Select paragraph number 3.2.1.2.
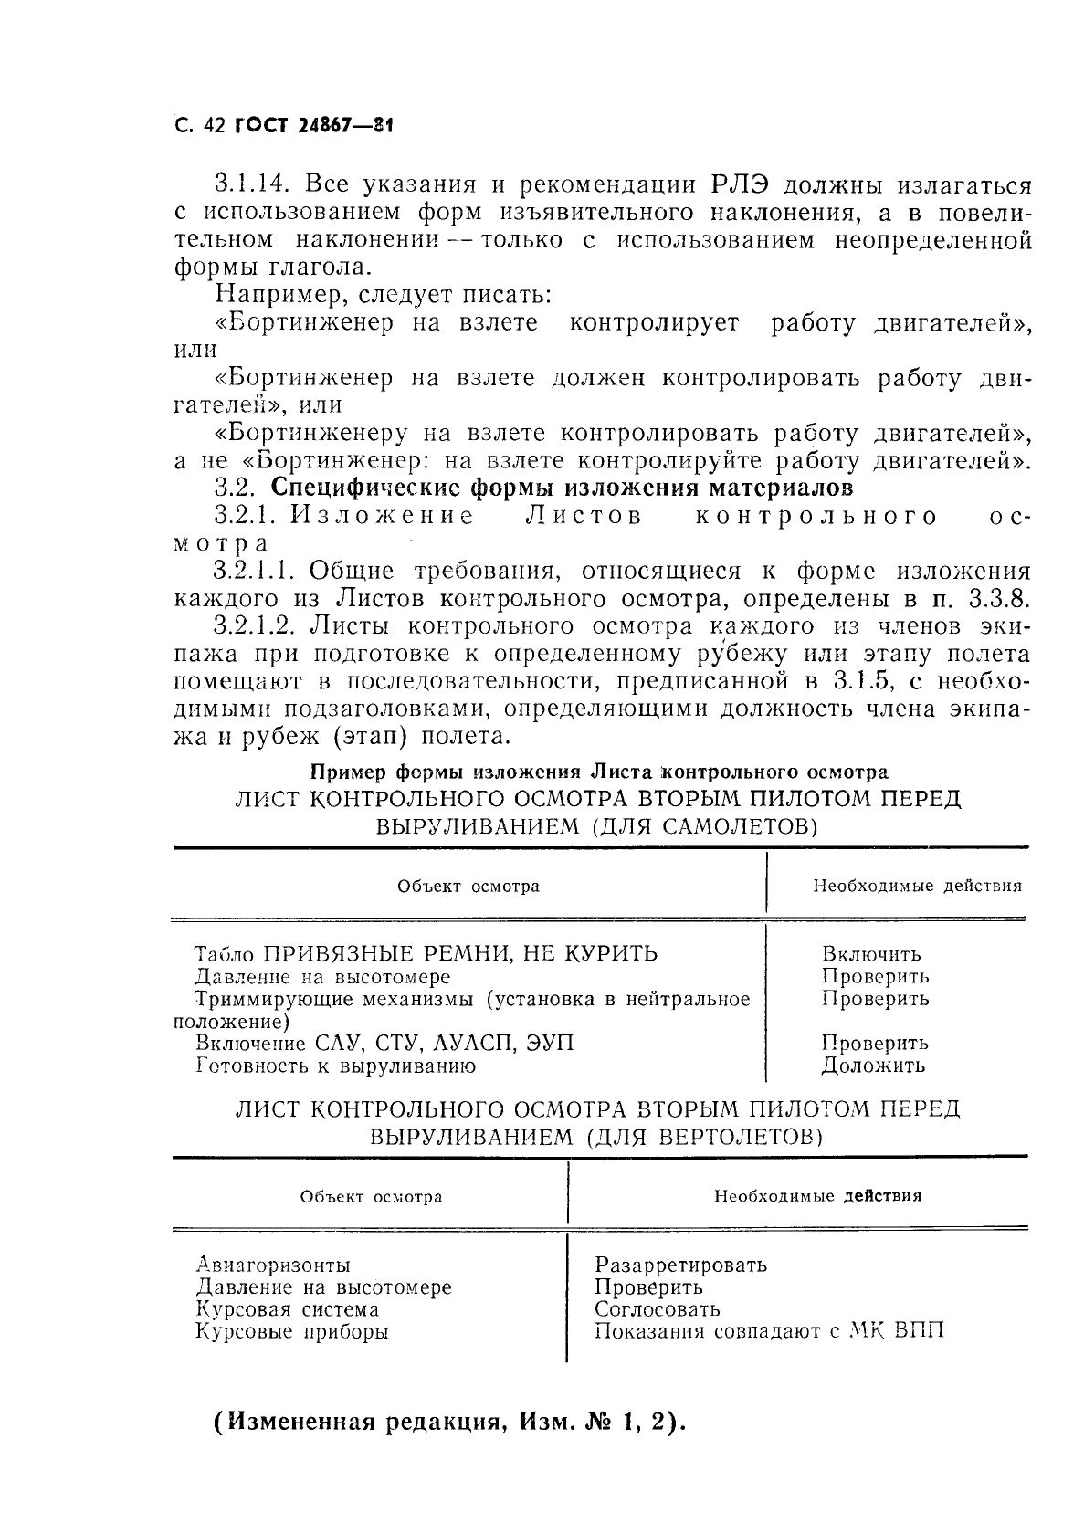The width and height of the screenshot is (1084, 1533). click(259, 626)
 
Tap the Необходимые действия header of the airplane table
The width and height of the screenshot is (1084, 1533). click(917, 886)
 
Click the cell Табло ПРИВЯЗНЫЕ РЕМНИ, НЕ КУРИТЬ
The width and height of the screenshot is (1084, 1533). click(426, 954)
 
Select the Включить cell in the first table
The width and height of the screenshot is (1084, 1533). click(871, 955)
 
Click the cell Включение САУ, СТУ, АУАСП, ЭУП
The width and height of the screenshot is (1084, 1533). click(385, 1043)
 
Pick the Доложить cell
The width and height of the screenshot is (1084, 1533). click(873, 1066)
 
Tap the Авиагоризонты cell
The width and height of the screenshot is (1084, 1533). click(273, 1265)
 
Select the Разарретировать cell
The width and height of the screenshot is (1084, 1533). click(680, 1265)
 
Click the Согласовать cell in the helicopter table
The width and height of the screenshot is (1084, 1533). click(658, 1309)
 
